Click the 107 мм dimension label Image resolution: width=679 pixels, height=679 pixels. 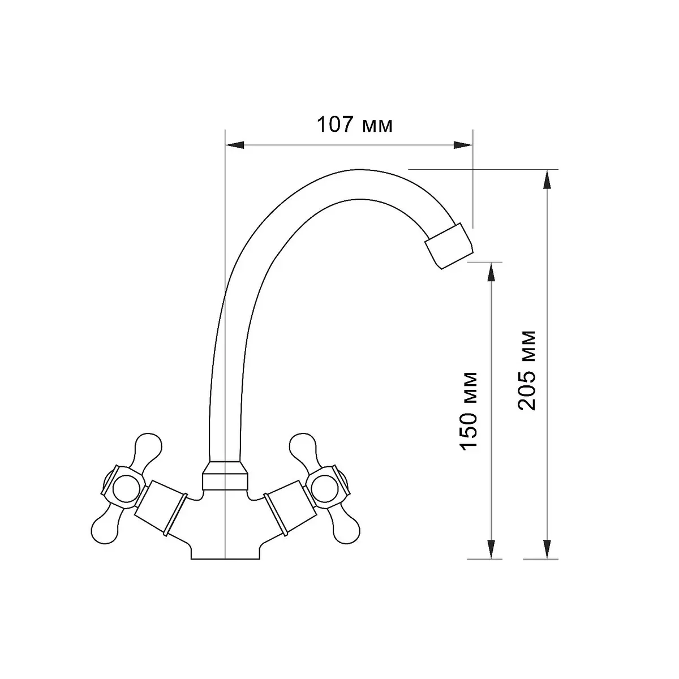click(354, 124)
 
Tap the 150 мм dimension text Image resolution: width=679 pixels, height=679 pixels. click(469, 411)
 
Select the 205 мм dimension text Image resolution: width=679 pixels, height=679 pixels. click(527, 370)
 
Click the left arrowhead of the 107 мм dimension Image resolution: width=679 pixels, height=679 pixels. click(235, 145)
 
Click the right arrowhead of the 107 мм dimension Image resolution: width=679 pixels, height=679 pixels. click(463, 145)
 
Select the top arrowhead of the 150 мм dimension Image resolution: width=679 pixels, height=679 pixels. click(491, 272)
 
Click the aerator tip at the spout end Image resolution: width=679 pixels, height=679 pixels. click(449, 246)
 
